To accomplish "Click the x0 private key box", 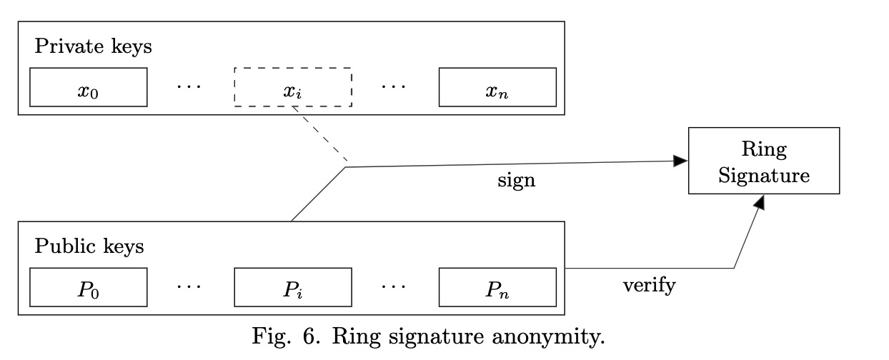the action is [x=89, y=87].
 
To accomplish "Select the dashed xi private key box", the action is [x=293, y=87].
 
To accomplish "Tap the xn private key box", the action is [x=497, y=87].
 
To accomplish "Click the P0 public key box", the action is [x=89, y=287].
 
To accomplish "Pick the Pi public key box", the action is [x=293, y=287].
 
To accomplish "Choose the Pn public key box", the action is [x=497, y=287].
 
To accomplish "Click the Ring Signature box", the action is [x=764, y=161].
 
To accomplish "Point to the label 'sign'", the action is [x=517, y=181].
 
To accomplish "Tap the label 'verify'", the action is [x=650, y=286].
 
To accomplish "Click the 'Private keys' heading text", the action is [x=94, y=46].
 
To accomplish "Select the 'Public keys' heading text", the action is [x=89, y=246].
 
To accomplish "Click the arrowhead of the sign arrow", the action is [x=680, y=161].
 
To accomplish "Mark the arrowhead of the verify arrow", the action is [x=760, y=202].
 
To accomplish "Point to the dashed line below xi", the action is [x=320, y=134].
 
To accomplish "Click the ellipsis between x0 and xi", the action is [x=189, y=86].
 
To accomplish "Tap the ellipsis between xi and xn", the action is [x=394, y=86].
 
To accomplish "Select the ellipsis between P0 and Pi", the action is [x=189, y=286].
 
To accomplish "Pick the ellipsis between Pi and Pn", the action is [x=394, y=286].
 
